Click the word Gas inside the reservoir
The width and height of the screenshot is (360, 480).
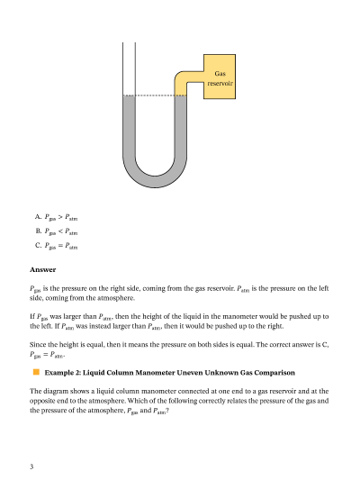(220, 74)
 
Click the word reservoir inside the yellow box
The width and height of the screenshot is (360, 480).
(220, 83)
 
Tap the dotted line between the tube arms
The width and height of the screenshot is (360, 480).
(155, 95)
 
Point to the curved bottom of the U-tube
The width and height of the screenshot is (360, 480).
(155, 181)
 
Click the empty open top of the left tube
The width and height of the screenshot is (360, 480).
(129, 68)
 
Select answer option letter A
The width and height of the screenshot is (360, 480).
(38, 217)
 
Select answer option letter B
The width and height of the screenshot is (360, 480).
(38, 231)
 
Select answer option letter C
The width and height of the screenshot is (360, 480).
(38, 245)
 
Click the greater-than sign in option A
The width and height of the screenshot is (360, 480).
(60, 217)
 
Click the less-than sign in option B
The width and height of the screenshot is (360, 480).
(60, 231)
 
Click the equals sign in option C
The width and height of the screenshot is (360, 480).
(60, 246)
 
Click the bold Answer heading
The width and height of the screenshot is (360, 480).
(43, 269)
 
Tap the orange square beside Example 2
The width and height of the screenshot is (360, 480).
(36, 372)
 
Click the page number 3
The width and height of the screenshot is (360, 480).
(31, 466)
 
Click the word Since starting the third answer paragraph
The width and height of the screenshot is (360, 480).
(36, 344)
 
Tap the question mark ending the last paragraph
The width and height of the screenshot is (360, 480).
(167, 411)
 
